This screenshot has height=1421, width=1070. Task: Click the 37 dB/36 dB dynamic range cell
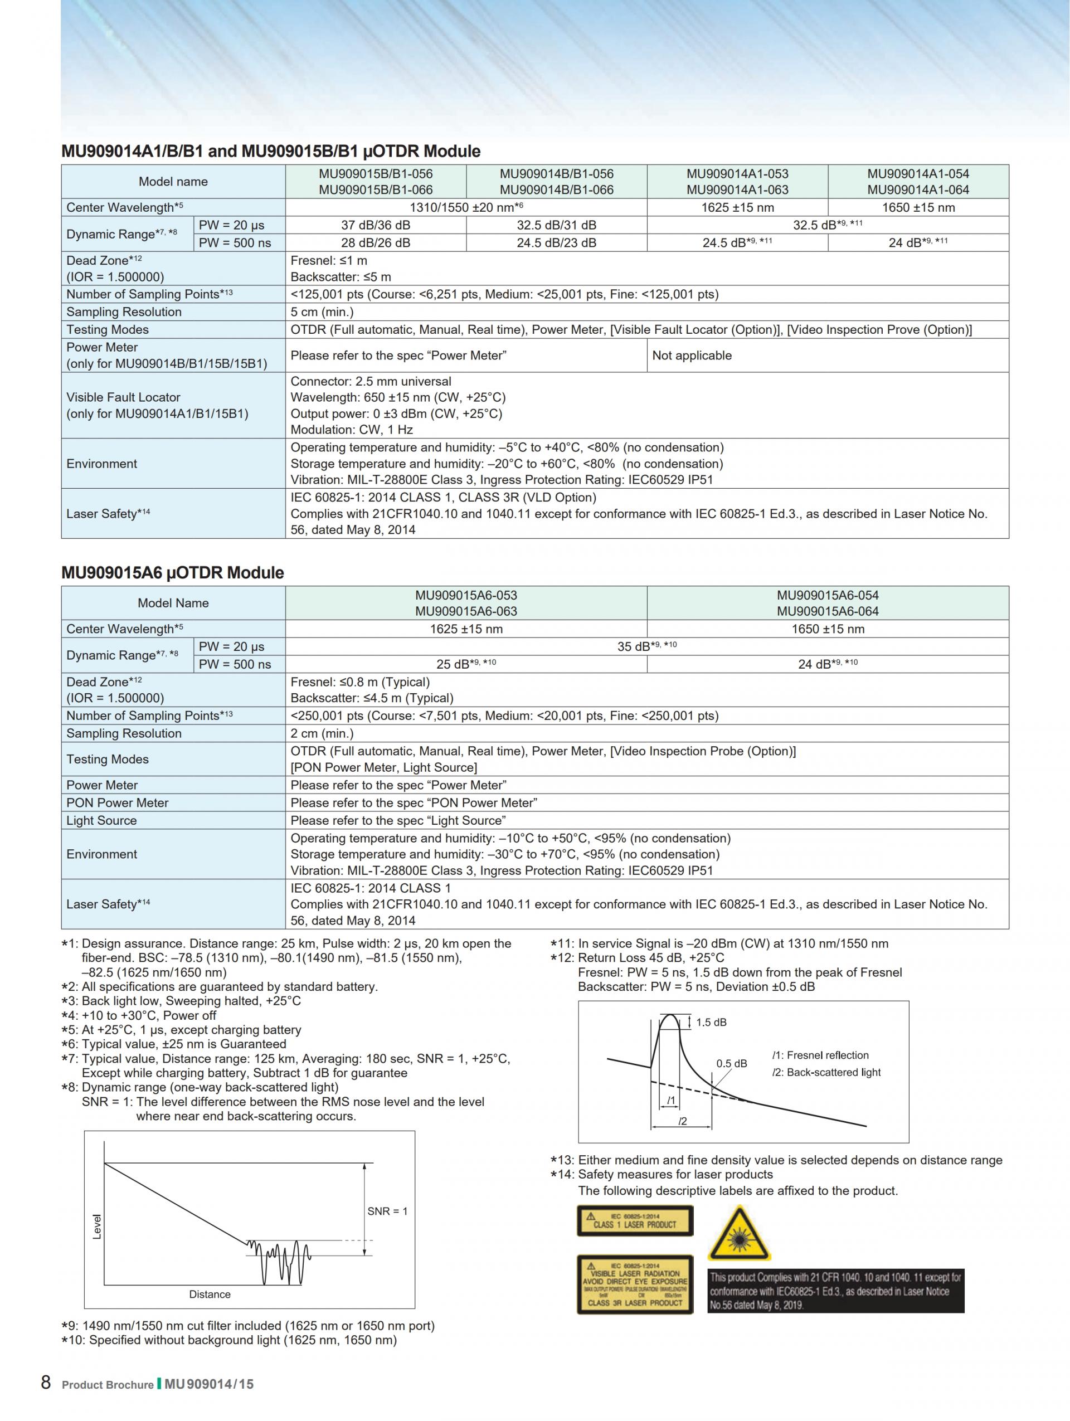click(x=375, y=225)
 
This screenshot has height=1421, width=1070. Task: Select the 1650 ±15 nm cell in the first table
click(x=917, y=207)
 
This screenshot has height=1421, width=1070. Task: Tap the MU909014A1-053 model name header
click(x=737, y=181)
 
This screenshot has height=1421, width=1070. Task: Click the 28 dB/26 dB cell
click(x=375, y=243)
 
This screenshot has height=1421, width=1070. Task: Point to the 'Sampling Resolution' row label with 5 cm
click(x=124, y=312)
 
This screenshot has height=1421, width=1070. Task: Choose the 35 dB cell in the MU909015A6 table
click(x=646, y=646)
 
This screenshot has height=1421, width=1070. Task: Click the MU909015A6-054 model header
click(x=827, y=602)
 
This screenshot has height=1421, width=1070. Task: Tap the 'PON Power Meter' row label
click(x=118, y=802)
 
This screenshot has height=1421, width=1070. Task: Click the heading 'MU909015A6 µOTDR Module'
click(x=172, y=572)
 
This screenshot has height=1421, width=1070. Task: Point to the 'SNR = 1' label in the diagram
click(x=387, y=1211)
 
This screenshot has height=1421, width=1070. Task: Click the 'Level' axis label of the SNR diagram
click(x=97, y=1227)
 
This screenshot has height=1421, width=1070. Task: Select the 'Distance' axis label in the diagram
click(x=210, y=1294)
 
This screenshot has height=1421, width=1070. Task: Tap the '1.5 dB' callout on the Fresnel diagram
click(x=711, y=1022)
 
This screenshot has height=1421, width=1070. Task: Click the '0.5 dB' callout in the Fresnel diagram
click(x=732, y=1063)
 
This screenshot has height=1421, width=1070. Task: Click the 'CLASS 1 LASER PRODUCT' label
click(x=635, y=1220)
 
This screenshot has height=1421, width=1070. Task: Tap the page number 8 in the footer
click(x=46, y=1382)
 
